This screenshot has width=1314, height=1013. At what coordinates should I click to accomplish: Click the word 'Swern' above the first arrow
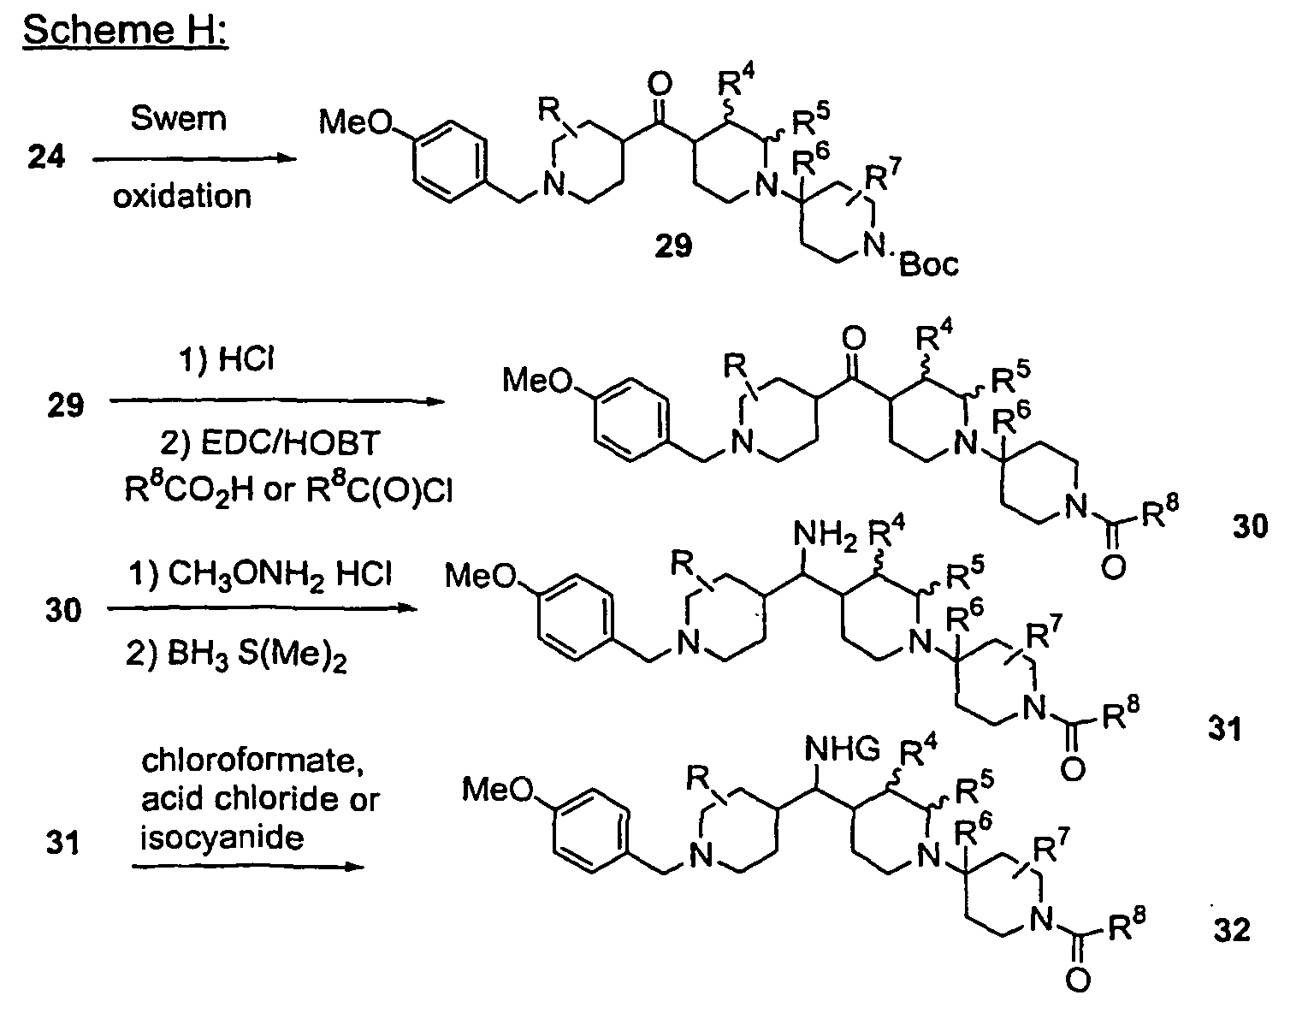coord(179,118)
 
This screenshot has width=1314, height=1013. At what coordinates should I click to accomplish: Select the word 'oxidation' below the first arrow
coord(182,196)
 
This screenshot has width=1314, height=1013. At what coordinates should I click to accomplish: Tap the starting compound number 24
coord(46,157)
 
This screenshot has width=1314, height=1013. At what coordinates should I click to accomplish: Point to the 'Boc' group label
coord(929,264)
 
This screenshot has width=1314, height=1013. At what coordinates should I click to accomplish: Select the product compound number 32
coord(1232,929)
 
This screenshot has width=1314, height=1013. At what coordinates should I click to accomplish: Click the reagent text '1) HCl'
coord(226,359)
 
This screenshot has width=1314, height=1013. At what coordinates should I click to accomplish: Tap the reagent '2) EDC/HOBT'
coord(269,442)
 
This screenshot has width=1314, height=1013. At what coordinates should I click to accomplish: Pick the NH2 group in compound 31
coord(825,535)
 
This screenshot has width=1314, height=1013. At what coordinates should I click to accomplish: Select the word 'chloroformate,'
coord(252,761)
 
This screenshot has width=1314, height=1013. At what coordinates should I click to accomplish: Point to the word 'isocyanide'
coord(222,838)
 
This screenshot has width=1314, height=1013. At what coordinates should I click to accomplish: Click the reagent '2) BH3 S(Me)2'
coord(236,655)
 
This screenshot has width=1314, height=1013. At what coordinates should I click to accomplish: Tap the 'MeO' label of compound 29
coord(356,122)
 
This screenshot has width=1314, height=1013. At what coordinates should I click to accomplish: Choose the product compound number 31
coord(1224,728)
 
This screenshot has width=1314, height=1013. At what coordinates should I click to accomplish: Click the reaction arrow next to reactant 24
coord(194,159)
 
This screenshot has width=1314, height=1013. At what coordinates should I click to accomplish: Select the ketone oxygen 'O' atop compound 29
coord(659,85)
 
